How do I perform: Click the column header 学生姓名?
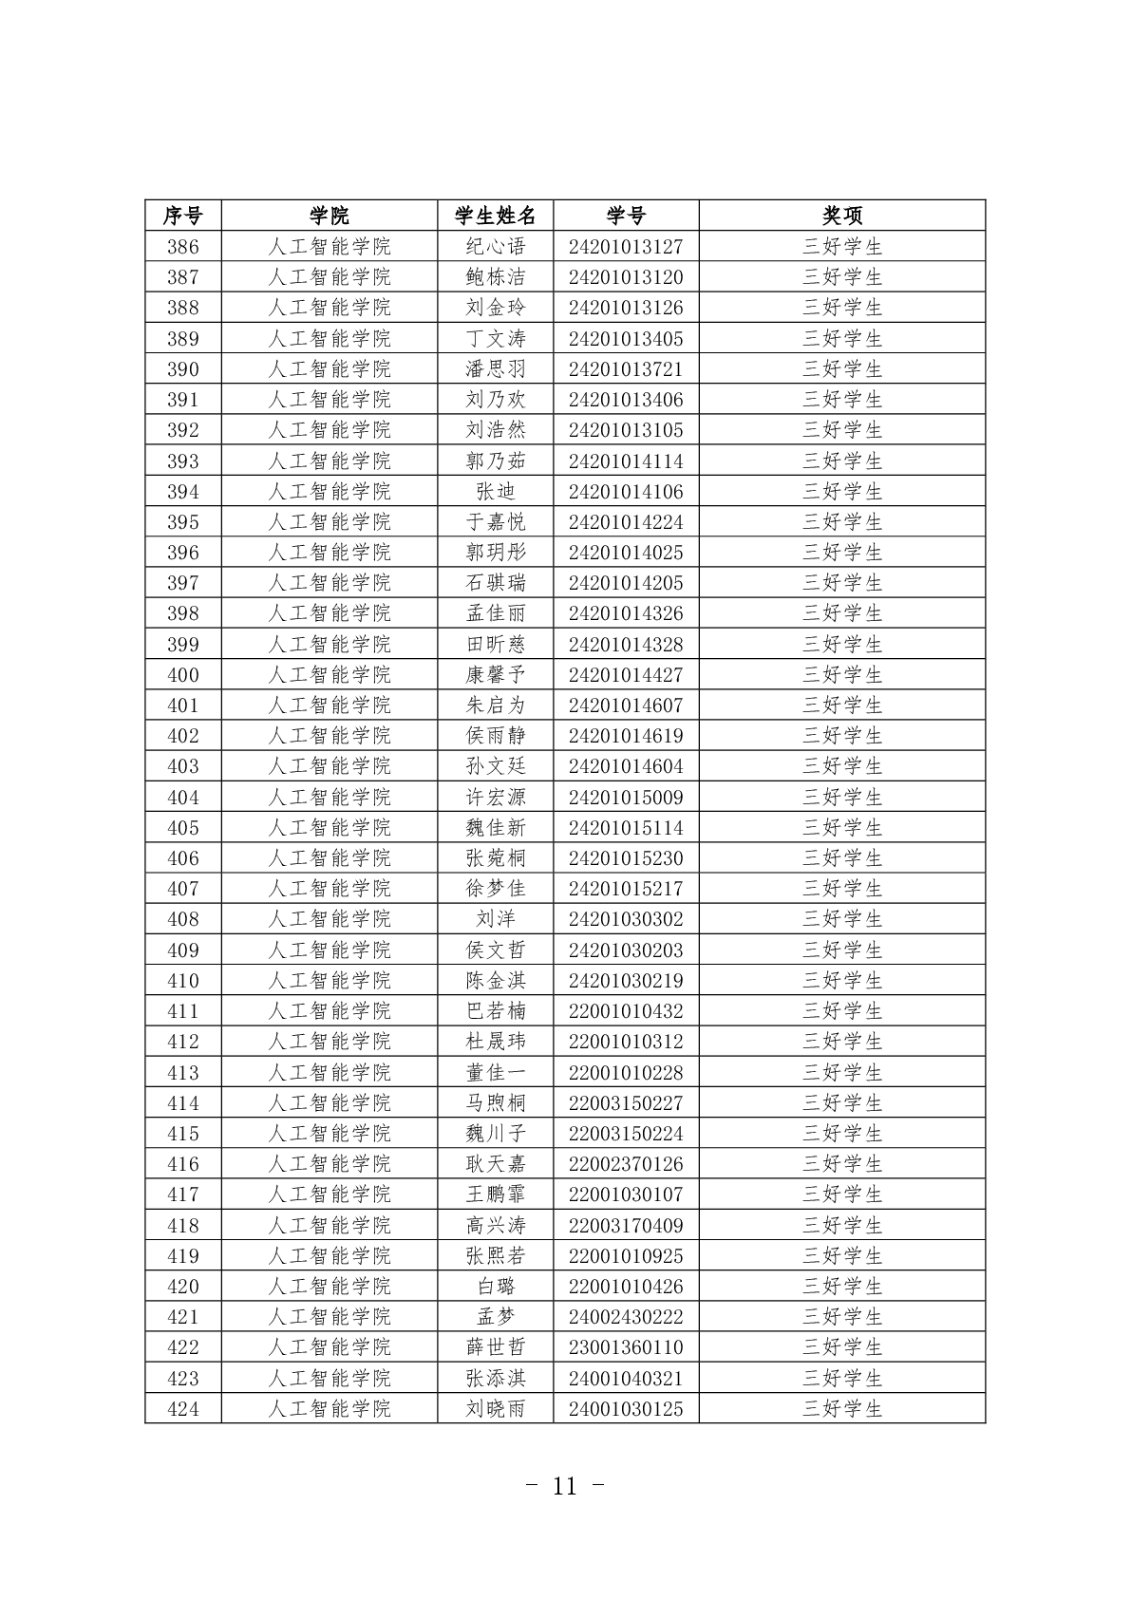click(495, 216)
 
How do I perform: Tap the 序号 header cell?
click(182, 216)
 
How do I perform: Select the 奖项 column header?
click(841, 216)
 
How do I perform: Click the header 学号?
click(626, 216)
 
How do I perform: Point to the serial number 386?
click(182, 247)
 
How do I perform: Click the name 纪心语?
click(495, 247)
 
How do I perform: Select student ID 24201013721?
click(626, 369)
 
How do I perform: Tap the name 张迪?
click(495, 492)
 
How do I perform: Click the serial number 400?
click(182, 675)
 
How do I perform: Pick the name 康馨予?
click(495, 675)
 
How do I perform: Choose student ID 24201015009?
click(626, 798)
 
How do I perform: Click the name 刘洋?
click(495, 919)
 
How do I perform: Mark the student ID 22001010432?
click(626, 1011)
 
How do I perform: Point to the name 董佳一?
click(495, 1073)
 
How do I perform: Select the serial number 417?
click(182, 1195)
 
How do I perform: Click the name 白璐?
click(495, 1287)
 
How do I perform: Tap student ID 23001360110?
click(626, 1347)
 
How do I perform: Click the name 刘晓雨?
click(495, 1409)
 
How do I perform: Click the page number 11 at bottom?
click(565, 1487)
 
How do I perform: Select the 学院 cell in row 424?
click(329, 1409)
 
